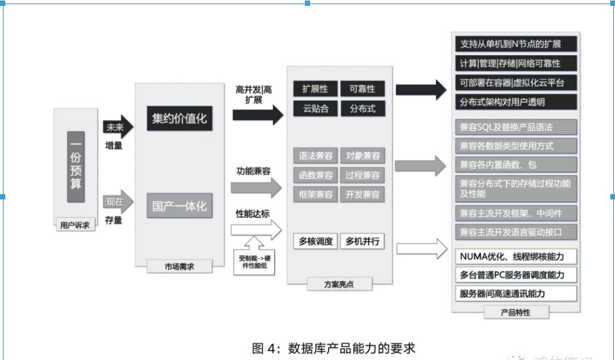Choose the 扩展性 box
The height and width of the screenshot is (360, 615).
coord(315,89)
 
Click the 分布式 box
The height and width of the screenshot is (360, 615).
coord(363,108)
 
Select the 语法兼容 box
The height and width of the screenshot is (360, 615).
coord(315,156)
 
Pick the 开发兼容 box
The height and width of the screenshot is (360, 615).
coord(363,194)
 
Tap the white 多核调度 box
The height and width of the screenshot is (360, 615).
coord(315,241)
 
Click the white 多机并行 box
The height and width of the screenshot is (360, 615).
coord(363,241)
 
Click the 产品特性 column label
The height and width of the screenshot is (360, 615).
coord(516,312)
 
